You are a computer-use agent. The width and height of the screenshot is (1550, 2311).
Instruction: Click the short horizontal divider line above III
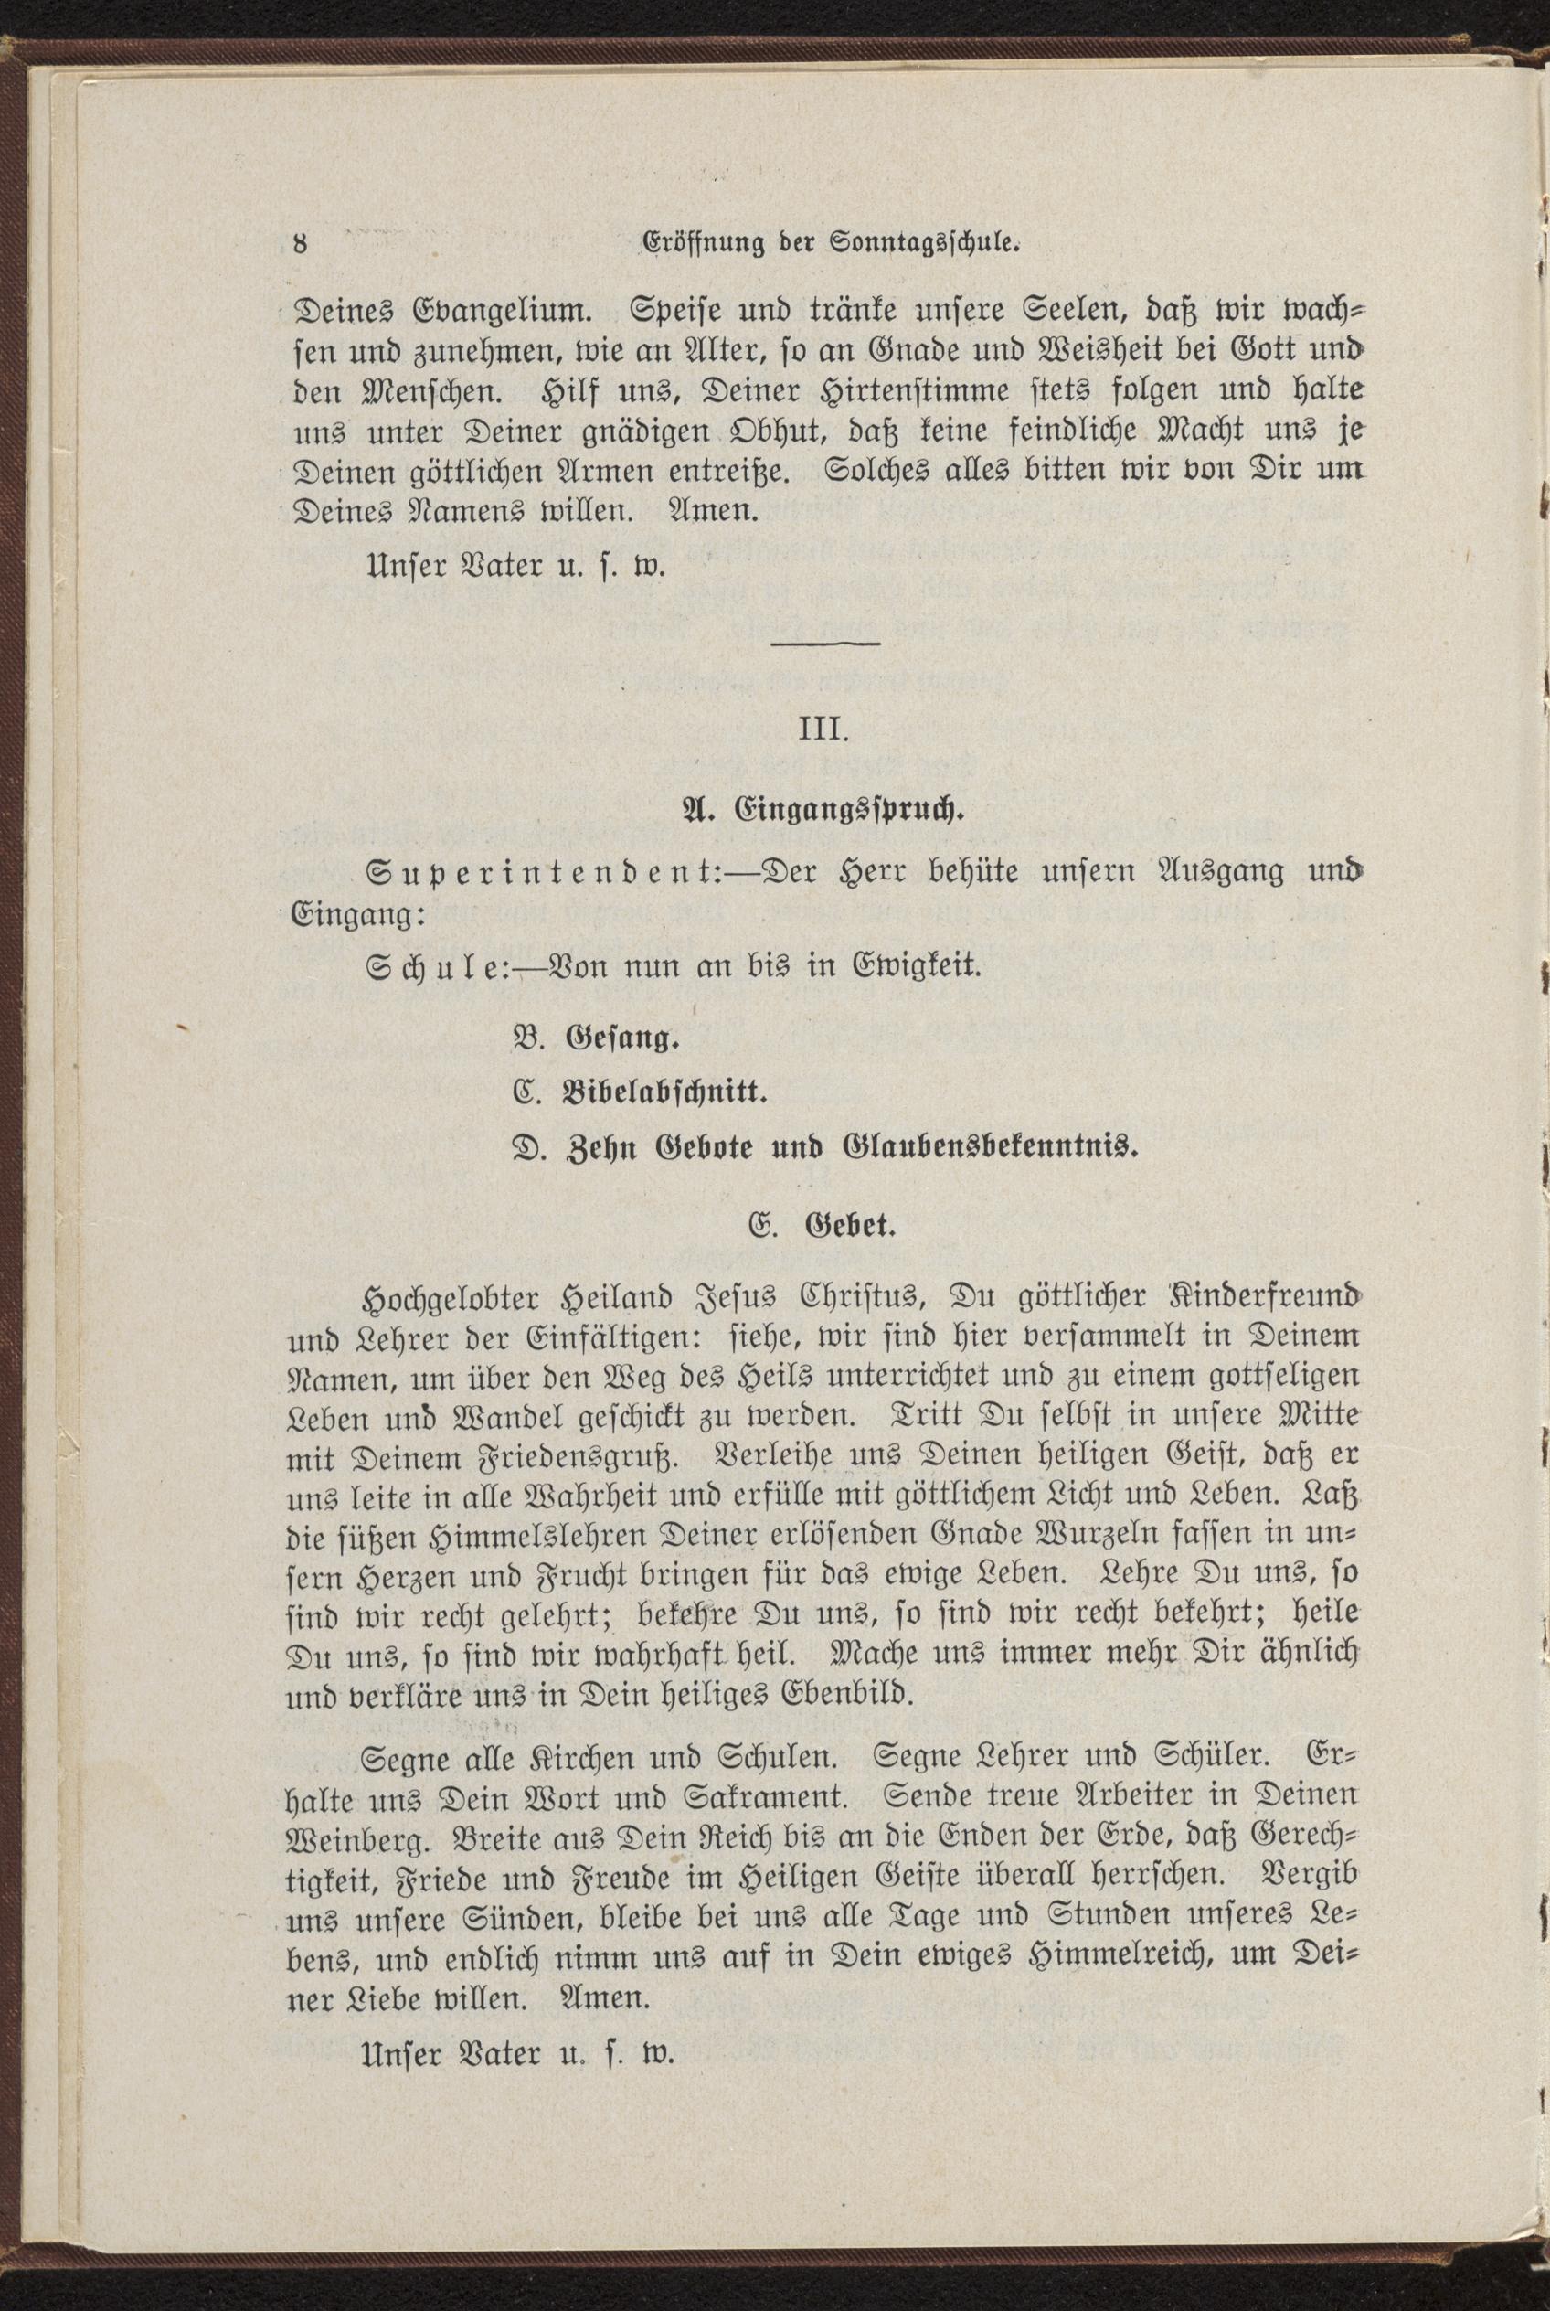coord(825,644)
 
